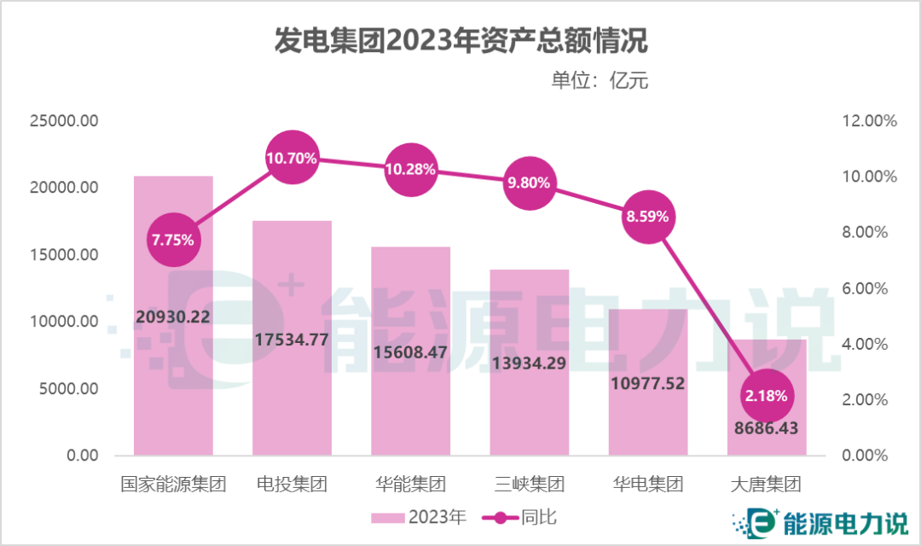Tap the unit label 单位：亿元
click(600, 81)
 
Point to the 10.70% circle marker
click(292, 158)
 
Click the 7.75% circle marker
click(173, 240)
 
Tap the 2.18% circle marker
click(767, 396)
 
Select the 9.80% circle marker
click(529, 183)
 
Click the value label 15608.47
click(410, 351)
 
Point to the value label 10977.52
click(648, 383)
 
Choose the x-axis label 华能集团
click(410, 485)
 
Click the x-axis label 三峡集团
click(529, 485)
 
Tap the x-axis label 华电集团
click(648, 485)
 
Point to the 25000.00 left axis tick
click(65, 121)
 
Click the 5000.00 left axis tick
click(69, 389)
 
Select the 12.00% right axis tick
click(869, 121)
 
